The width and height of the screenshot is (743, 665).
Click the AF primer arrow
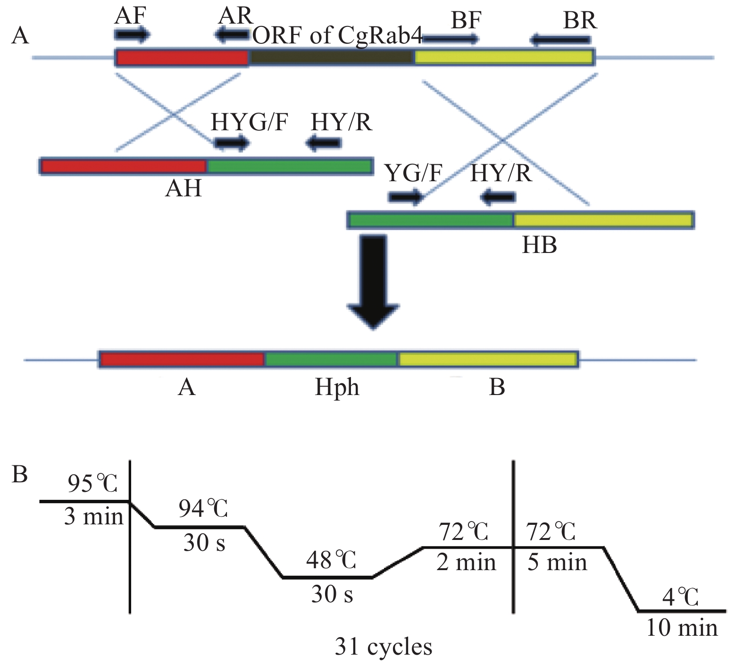[x=132, y=34]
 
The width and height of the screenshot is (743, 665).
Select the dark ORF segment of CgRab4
[x=332, y=58]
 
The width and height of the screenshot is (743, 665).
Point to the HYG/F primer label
[x=249, y=122]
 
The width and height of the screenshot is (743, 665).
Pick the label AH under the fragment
[x=184, y=188]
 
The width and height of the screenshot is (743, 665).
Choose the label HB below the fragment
[x=539, y=245]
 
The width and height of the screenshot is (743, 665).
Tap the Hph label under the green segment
[x=337, y=387]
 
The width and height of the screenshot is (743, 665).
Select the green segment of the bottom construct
[x=331, y=360]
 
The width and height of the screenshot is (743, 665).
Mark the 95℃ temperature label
[x=92, y=483]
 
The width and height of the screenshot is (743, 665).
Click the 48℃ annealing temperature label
[x=331, y=560]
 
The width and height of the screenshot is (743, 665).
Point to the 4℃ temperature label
[x=679, y=597]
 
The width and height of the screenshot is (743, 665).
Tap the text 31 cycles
[x=383, y=647]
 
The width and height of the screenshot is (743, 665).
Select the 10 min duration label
[x=682, y=628]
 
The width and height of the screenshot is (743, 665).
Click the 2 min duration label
[x=466, y=563]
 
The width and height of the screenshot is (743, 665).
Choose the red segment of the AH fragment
[x=124, y=166]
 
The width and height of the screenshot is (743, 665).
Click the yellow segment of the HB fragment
[x=603, y=220]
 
